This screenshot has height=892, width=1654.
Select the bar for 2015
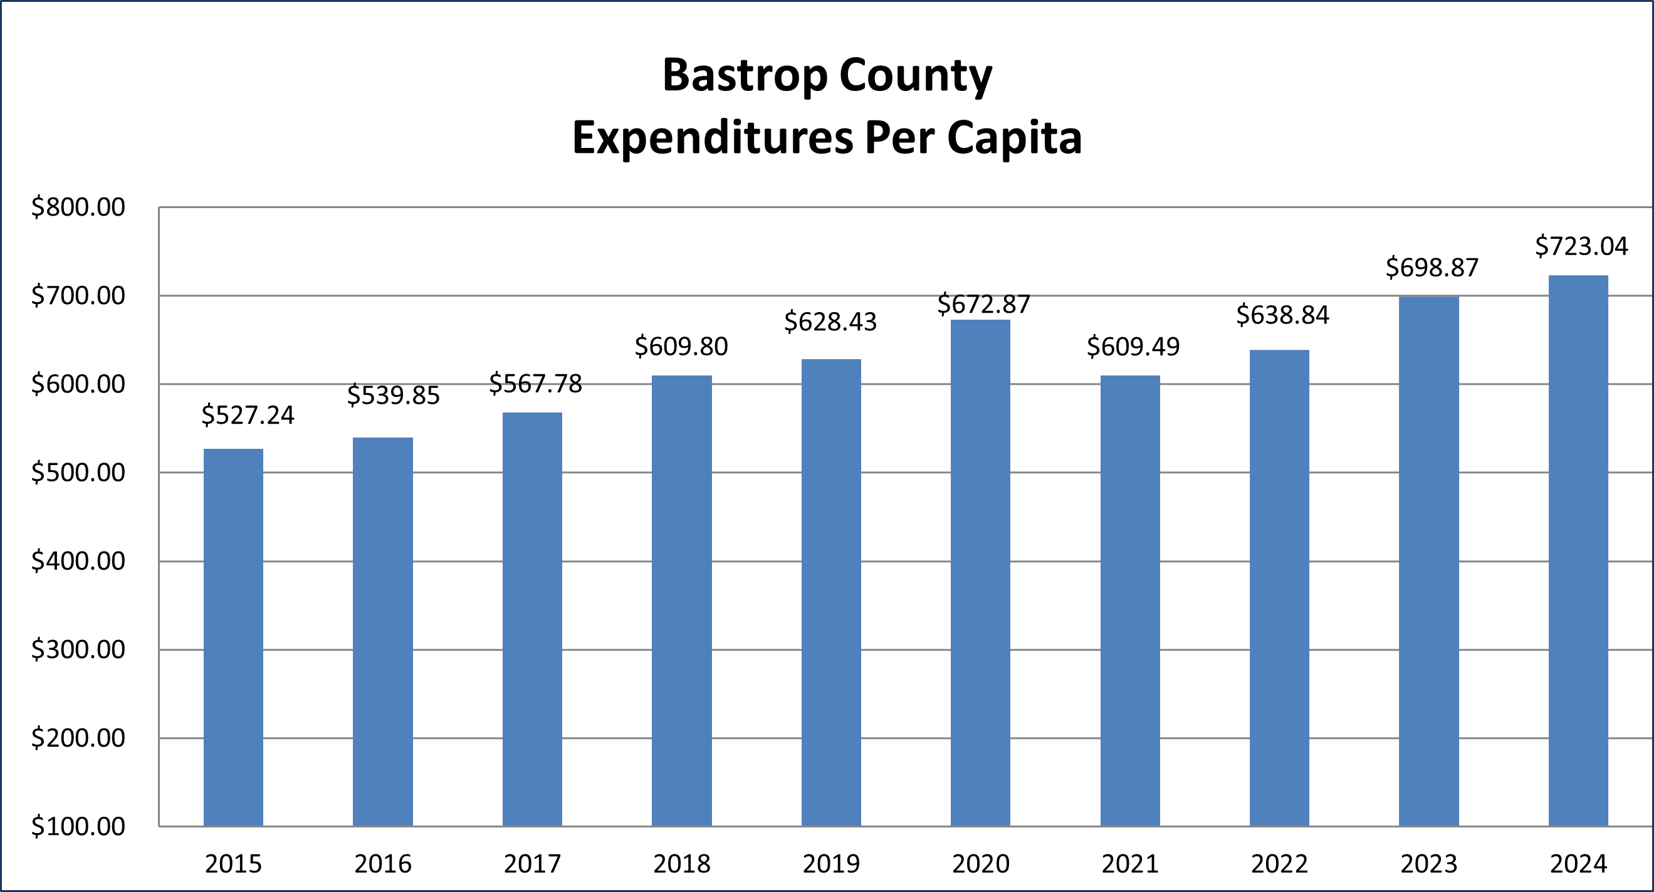tap(233, 637)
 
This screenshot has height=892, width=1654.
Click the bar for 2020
tap(980, 573)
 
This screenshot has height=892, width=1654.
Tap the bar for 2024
tap(1578, 550)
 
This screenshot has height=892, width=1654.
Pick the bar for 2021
tap(1129, 601)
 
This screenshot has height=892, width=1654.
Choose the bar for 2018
tap(681, 601)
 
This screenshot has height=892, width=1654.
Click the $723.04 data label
tap(1581, 246)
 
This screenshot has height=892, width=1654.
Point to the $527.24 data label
tap(247, 416)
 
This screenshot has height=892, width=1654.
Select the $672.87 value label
tap(983, 305)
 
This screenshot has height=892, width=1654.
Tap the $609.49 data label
tap(1133, 347)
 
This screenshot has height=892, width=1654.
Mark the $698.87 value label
tap(1432, 267)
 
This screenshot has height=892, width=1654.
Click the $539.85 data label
tap(393, 396)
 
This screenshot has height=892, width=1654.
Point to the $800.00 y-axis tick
tap(78, 207)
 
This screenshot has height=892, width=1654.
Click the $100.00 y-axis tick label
tap(78, 827)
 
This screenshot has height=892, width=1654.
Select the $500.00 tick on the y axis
tap(78, 473)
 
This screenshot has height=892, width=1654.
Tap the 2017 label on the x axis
tap(531, 864)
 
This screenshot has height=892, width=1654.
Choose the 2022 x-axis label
tap(1279, 864)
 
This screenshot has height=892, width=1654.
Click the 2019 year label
tap(831, 864)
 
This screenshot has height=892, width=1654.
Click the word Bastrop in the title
tap(744, 76)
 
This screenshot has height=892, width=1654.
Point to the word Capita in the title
tap(1014, 138)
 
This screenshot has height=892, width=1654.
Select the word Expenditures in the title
tap(713, 138)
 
